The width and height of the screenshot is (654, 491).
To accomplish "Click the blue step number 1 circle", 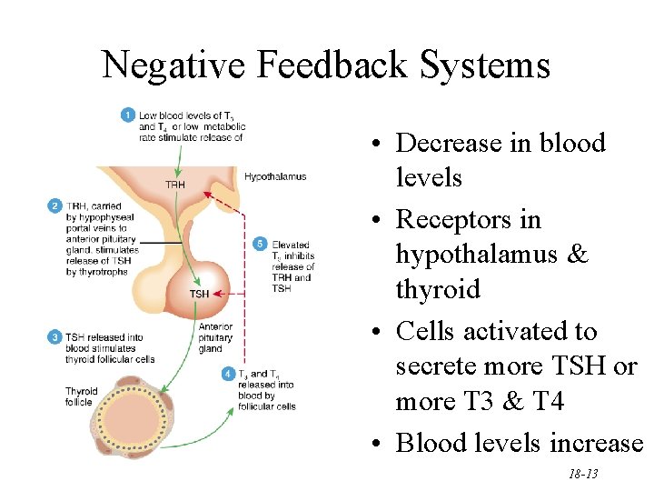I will point(129,115).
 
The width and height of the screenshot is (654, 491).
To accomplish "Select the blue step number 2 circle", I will point(54,206).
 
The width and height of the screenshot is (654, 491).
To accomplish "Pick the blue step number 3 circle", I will point(54,337).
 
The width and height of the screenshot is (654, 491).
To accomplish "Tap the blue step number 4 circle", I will point(227,374).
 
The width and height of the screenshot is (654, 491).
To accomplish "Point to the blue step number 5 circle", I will point(261,245).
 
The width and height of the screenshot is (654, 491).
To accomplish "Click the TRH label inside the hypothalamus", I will point(175,185).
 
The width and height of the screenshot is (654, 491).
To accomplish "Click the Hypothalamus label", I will point(274,176).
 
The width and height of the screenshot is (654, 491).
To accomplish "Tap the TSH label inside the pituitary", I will point(199,294).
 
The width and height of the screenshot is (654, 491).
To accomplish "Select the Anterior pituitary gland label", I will point(215,337).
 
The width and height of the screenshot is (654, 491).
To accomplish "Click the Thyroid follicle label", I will point(81,397).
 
